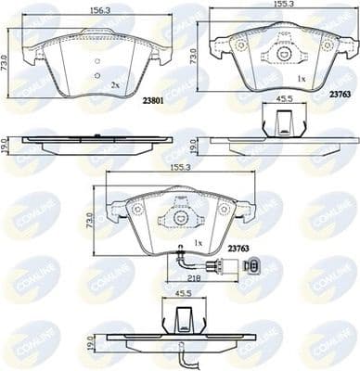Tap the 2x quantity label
point(113,83)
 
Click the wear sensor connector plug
point(251,266)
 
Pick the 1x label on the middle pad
point(197,244)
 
